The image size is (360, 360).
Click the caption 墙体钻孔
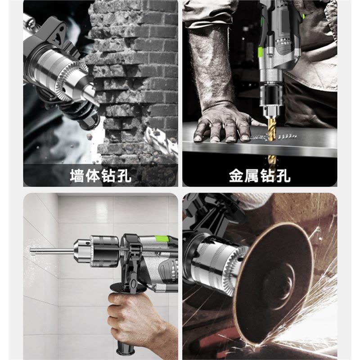coord(100,176)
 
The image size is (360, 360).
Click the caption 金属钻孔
coord(260,176)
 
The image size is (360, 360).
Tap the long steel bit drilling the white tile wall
coord(52,251)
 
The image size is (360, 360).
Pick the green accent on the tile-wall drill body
coord(162,238)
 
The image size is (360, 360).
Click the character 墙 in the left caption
coord(77,176)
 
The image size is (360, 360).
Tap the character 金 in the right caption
coord(236,176)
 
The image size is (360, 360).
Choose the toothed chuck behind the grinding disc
coord(220,264)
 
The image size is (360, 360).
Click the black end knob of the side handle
coord(125,350)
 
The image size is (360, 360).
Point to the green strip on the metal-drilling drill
coord(261,52)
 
